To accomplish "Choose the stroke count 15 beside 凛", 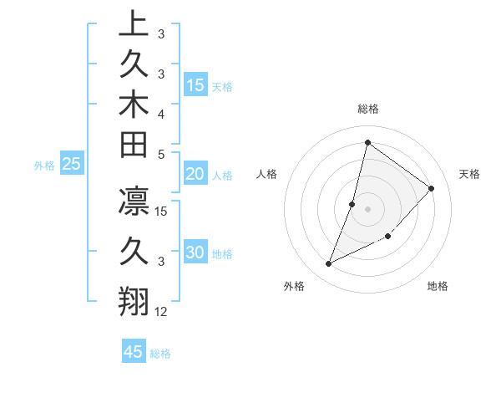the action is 162,212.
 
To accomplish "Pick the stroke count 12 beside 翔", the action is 162,312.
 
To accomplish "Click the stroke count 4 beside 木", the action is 161,113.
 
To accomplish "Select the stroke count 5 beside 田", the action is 161,154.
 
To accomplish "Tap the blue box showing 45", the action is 134,352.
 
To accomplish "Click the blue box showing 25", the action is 71,165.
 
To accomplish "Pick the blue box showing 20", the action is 195,175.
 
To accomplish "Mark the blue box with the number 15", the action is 195,85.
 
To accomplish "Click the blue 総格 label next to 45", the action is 160,354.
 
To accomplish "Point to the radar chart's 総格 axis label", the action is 368,109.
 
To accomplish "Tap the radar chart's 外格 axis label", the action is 294,286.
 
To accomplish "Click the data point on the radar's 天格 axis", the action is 431,188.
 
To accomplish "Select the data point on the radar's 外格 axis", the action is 329,264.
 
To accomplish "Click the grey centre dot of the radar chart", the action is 367,209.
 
